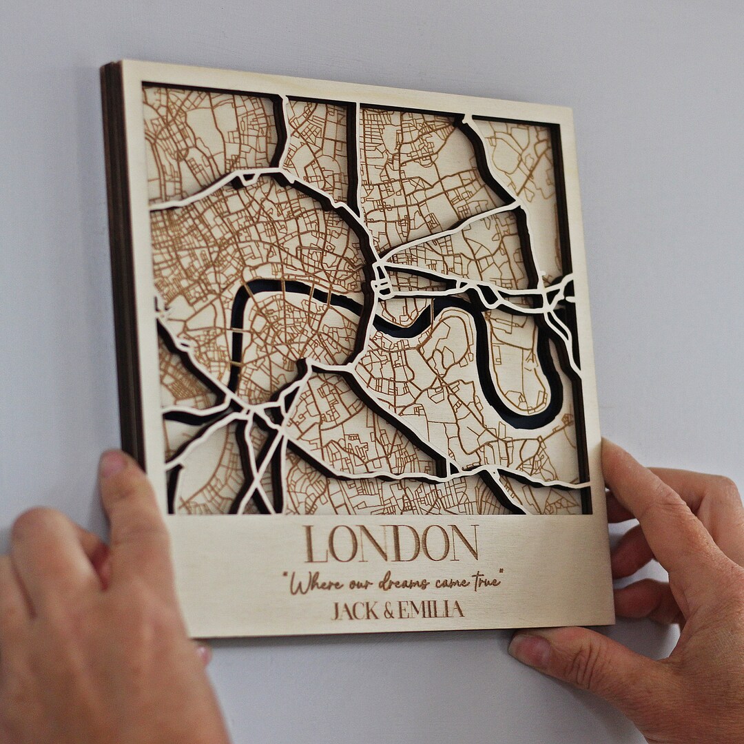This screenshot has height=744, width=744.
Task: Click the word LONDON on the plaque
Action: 391,544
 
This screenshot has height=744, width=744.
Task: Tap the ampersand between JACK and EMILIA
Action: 389,610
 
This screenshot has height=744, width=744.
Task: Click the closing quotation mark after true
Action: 500,571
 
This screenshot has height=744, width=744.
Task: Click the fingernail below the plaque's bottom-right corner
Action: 530,652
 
